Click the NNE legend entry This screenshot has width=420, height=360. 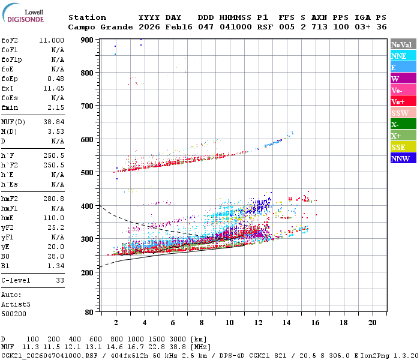point(399,56)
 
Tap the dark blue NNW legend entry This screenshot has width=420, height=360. point(400,158)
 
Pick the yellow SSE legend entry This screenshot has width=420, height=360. point(399,147)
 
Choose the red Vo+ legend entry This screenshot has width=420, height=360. point(399,101)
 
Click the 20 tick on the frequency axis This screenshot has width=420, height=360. point(372,322)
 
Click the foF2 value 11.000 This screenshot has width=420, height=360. point(52,40)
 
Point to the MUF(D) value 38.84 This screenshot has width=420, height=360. point(54,121)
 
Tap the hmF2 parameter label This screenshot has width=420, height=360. point(10,198)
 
